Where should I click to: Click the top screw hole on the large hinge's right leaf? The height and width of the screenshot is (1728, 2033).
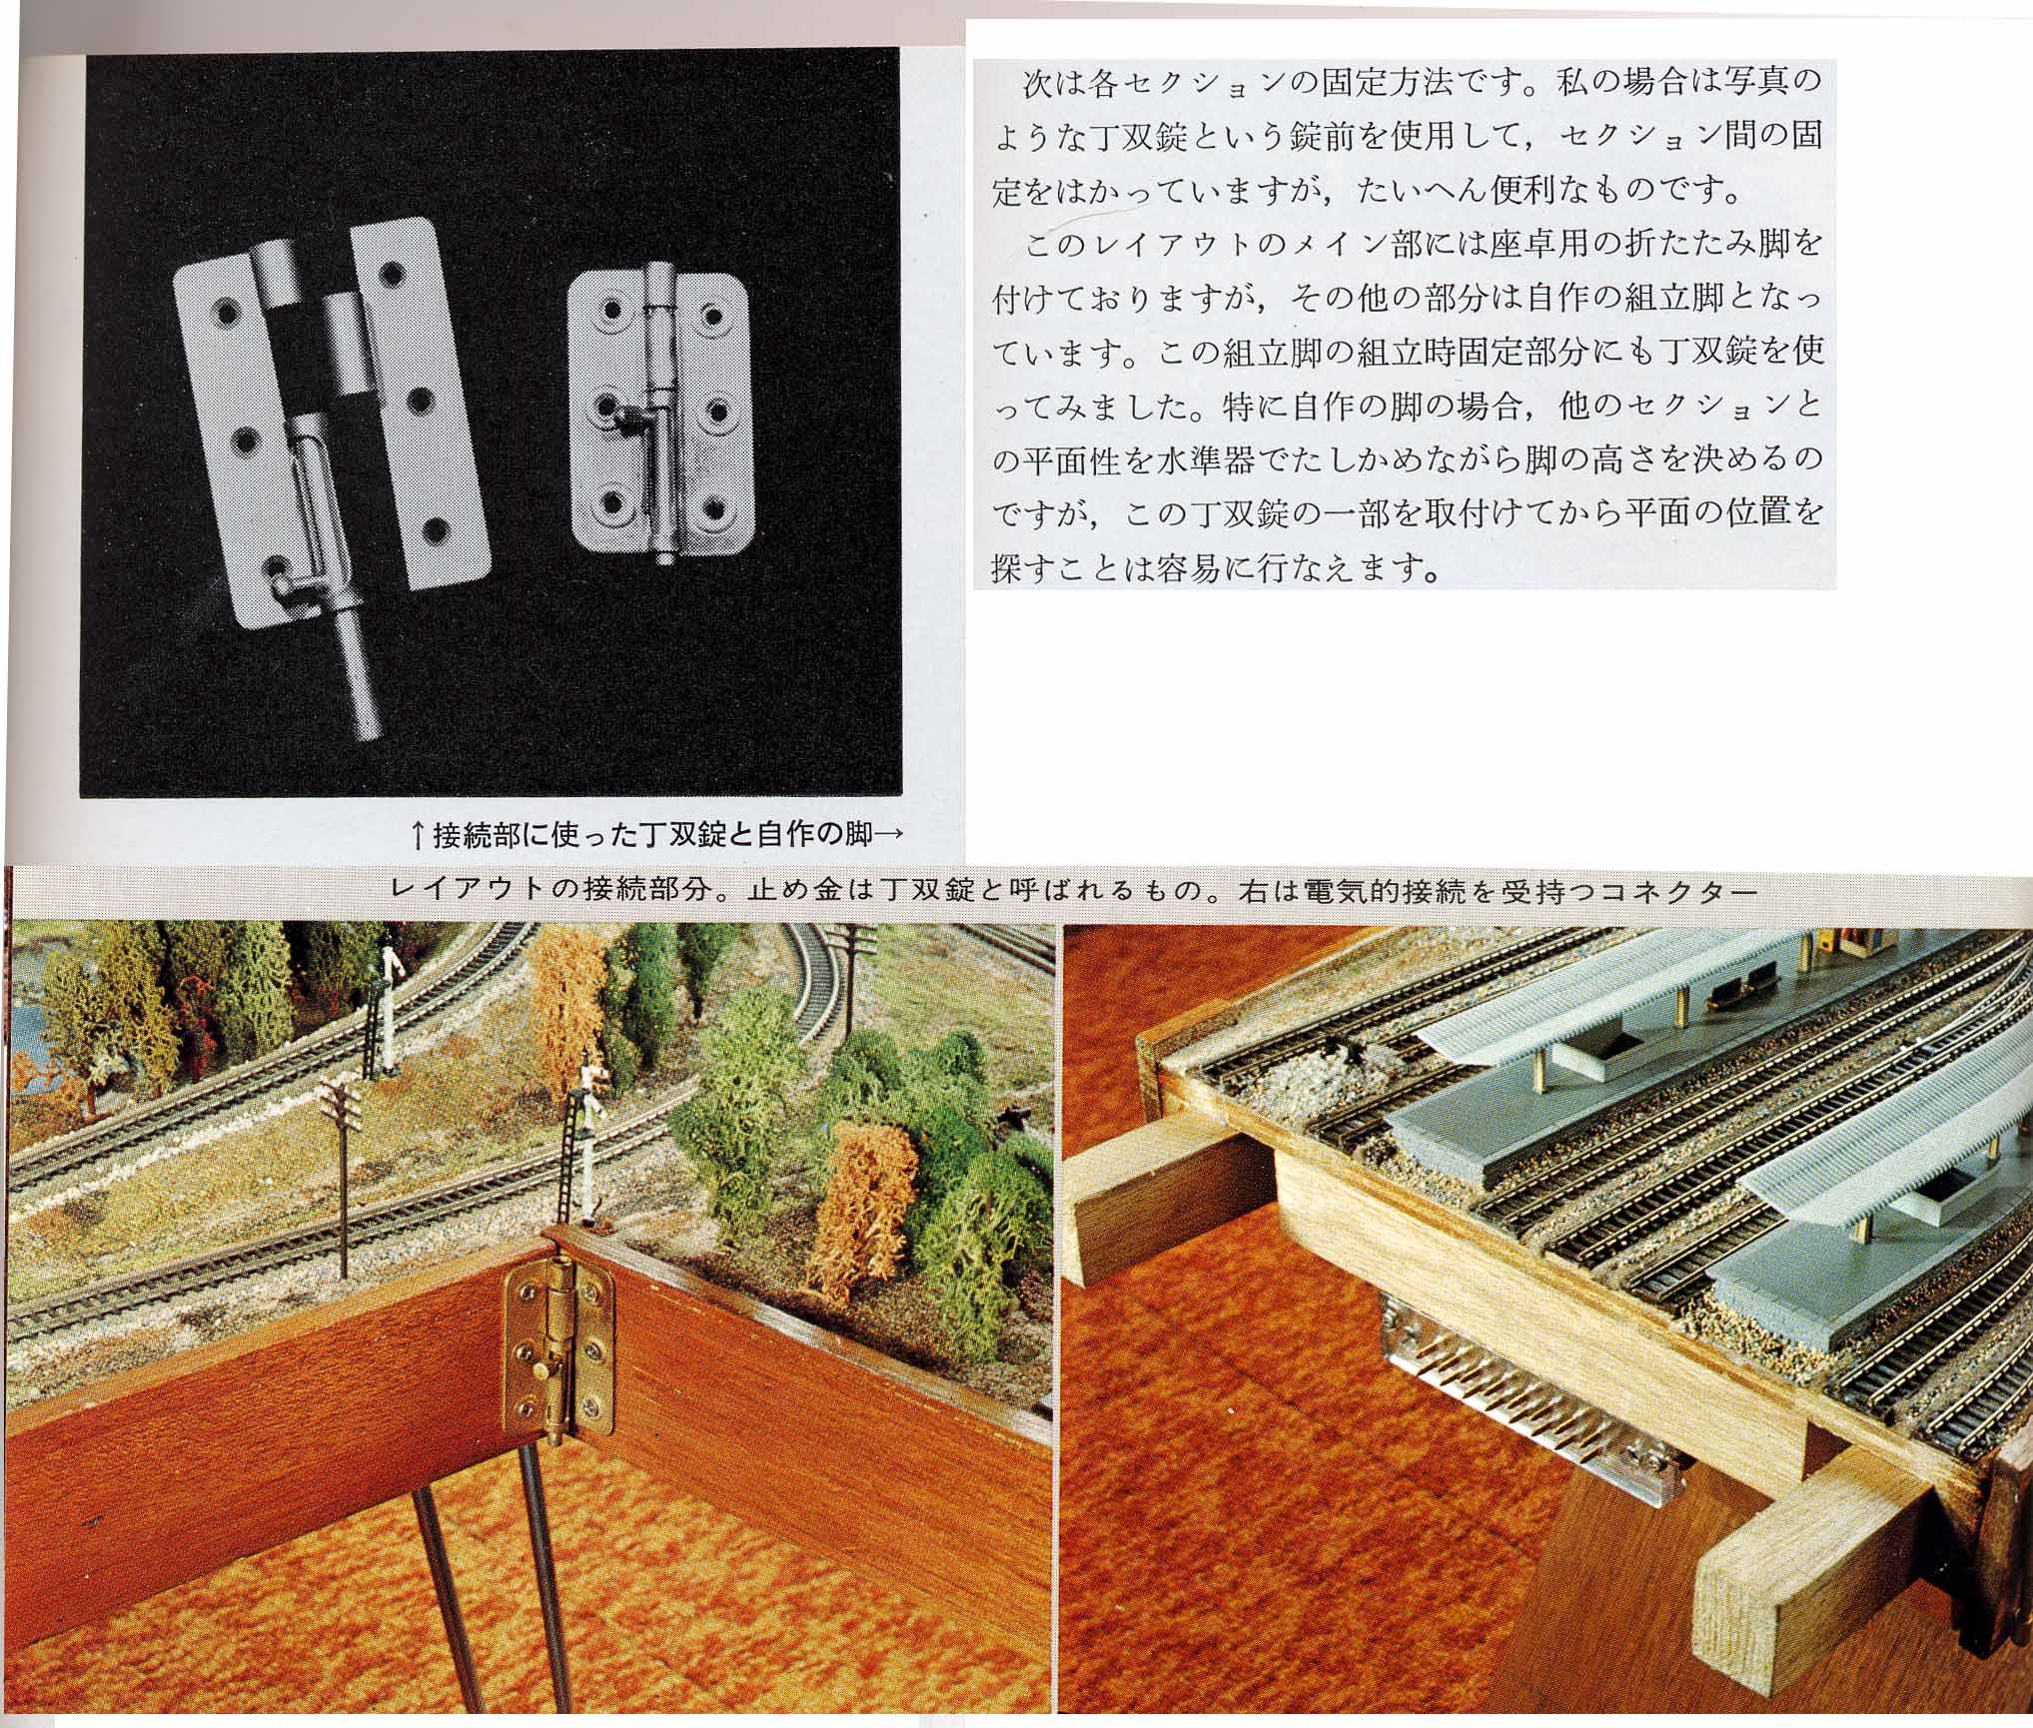pyautogui.click(x=391, y=274)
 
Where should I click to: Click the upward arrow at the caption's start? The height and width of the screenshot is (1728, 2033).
pyautogui.click(x=421, y=834)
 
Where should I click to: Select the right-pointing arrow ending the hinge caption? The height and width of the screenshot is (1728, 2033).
pyautogui.click(x=887, y=834)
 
